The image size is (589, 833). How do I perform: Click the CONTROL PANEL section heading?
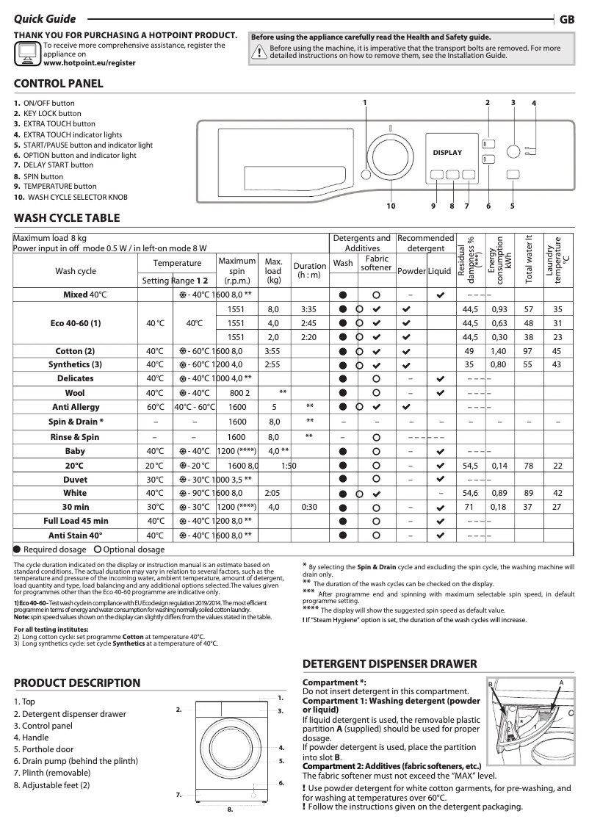point(59,84)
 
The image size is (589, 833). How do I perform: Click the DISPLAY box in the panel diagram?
point(447,153)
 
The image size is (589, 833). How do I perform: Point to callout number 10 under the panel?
point(391,206)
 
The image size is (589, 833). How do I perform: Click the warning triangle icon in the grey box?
point(259,51)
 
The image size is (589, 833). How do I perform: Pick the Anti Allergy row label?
point(76,407)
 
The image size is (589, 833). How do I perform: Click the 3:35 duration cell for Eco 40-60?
point(309,309)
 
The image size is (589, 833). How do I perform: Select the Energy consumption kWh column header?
point(500,261)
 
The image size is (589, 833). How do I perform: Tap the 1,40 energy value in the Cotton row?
point(499,351)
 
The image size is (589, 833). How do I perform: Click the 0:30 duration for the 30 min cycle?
point(309,507)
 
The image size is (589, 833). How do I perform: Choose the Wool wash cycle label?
point(76,393)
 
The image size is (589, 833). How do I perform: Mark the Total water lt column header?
point(528,261)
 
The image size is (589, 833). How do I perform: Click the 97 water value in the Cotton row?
point(528,351)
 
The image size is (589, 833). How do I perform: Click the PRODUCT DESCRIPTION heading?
point(77,683)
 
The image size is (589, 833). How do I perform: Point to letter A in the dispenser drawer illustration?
point(560,683)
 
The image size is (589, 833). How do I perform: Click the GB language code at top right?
point(567,20)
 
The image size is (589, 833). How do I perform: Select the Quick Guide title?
point(44,20)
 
